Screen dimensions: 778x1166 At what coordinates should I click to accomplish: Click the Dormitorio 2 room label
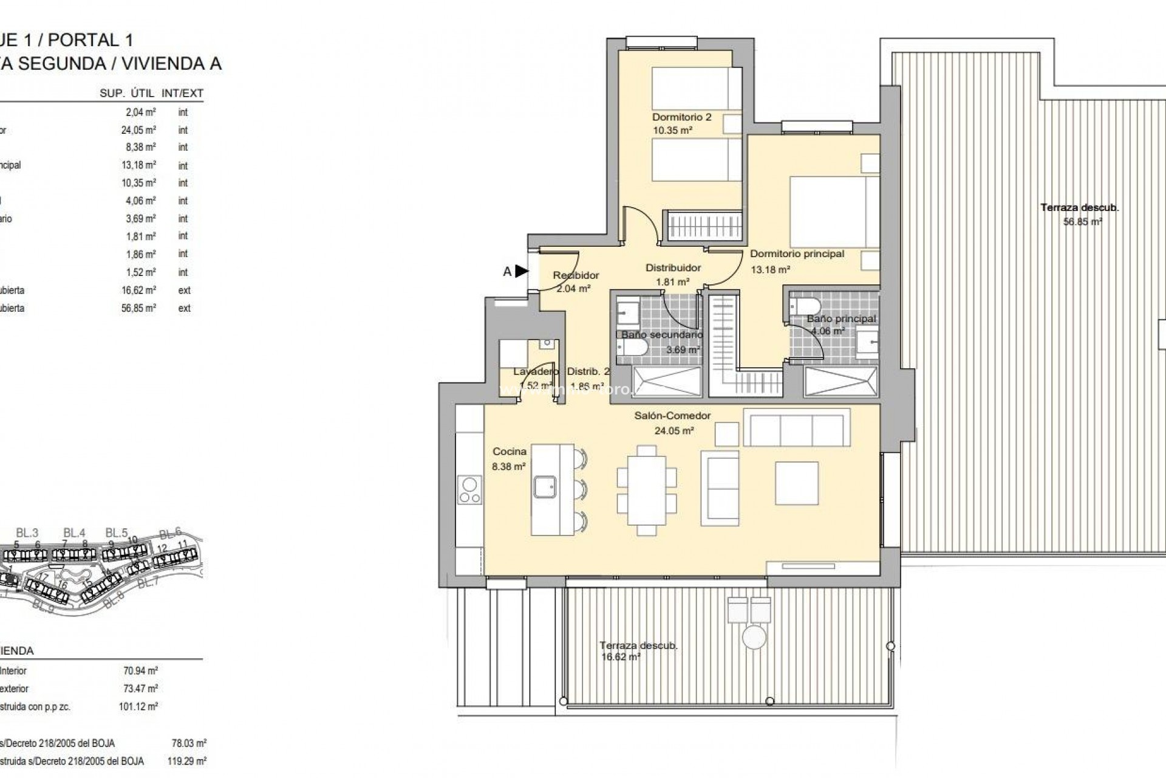pyautogui.click(x=681, y=117)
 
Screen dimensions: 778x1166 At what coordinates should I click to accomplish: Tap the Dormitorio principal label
pyautogui.click(x=797, y=254)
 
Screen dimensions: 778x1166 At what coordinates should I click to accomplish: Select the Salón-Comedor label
pyautogui.click(x=672, y=416)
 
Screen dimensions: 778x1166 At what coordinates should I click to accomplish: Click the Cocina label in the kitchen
pyautogui.click(x=509, y=452)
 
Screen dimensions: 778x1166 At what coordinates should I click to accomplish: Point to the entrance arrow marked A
pyautogui.click(x=521, y=271)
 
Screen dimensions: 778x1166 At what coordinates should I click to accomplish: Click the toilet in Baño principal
pyautogui.click(x=805, y=306)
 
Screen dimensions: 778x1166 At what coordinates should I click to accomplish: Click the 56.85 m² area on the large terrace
pyautogui.click(x=1082, y=222)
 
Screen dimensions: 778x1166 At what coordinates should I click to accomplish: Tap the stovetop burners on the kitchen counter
pyautogui.click(x=469, y=491)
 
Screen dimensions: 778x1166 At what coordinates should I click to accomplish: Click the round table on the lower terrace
pyautogui.click(x=755, y=639)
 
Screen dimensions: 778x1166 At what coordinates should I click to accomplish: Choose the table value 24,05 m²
pyautogui.click(x=138, y=130)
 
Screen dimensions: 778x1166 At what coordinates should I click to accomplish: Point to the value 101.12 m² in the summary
pyautogui.click(x=138, y=707)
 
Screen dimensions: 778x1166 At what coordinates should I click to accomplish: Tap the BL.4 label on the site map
pyautogui.click(x=74, y=533)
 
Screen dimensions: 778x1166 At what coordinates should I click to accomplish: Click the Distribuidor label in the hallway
pyautogui.click(x=672, y=267)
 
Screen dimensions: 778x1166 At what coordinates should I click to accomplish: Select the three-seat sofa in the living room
pyautogui.click(x=796, y=430)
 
